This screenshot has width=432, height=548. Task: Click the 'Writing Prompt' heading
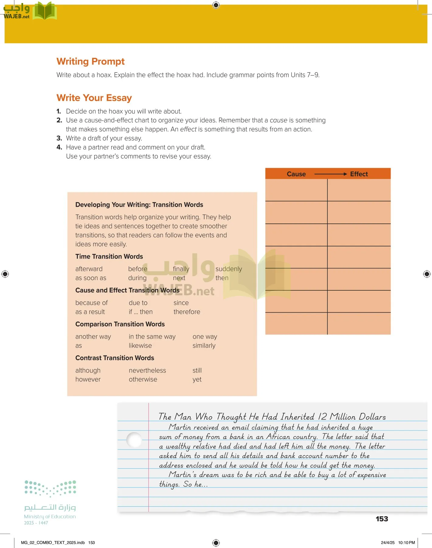(x=90, y=61)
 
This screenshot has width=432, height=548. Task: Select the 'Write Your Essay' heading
(x=94, y=98)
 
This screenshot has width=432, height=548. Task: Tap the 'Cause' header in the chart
(x=296, y=174)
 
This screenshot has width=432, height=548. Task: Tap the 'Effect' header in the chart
(x=359, y=174)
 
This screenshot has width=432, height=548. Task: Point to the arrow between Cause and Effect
(x=330, y=174)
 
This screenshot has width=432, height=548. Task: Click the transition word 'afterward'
(x=89, y=269)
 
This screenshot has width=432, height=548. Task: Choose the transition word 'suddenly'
(x=229, y=269)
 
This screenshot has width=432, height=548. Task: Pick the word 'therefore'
(x=187, y=312)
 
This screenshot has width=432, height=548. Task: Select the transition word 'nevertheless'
(x=147, y=371)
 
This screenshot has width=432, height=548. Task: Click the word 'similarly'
(x=204, y=346)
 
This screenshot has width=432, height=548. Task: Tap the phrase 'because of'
(x=92, y=303)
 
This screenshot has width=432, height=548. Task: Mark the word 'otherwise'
(x=143, y=380)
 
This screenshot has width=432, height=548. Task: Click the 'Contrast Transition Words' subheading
(x=115, y=358)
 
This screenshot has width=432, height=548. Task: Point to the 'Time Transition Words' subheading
(x=109, y=257)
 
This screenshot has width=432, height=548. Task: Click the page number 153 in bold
(x=382, y=519)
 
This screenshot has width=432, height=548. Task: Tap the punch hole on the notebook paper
(x=134, y=440)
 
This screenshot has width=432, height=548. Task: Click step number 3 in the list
(x=59, y=139)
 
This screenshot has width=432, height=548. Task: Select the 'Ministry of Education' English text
(x=50, y=517)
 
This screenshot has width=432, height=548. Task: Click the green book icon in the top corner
(x=45, y=11)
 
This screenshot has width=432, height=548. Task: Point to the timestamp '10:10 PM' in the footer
(x=406, y=543)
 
